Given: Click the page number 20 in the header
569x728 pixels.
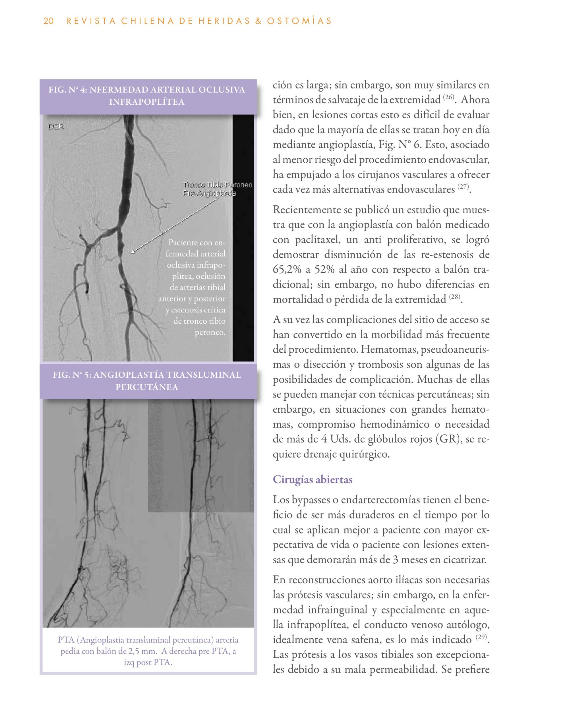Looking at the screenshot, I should point(48,21).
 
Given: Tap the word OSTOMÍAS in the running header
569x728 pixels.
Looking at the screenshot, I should point(299,21).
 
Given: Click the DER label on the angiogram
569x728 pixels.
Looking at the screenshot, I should point(56,127).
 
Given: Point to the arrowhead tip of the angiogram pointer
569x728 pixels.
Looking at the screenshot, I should point(131,253).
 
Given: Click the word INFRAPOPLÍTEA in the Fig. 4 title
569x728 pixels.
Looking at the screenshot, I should point(147,102).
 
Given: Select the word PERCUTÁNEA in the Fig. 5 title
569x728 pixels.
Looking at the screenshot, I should point(147,387).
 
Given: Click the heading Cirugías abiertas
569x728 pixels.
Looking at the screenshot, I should point(312,479).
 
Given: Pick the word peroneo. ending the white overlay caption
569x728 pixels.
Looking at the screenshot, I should point(210,333).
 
